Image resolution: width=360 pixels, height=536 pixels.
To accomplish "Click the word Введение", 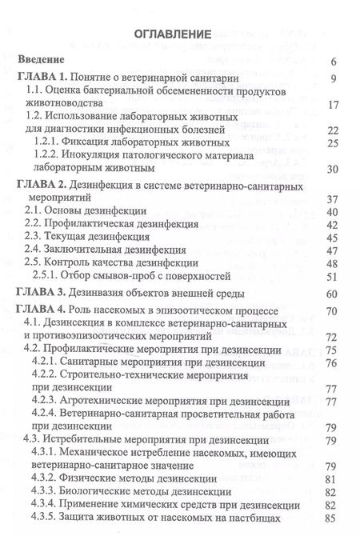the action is [x=45, y=61].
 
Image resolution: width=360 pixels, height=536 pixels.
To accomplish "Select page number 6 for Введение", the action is [x=332, y=62].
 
